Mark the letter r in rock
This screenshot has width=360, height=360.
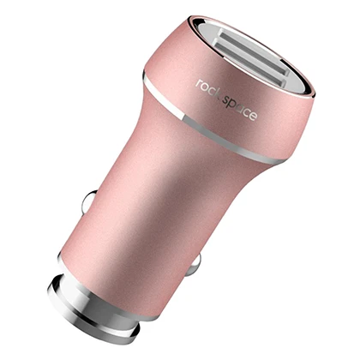[x=199, y=84]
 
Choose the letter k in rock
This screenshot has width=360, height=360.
[x=217, y=93]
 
